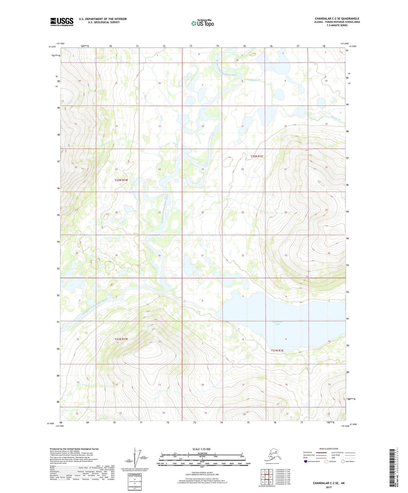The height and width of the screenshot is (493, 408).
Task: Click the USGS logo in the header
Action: [x=62, y=22]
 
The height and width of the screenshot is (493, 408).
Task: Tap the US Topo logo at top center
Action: [x=202, y=23]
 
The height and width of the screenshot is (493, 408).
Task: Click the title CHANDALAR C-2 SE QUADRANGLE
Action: [x=337, y=19]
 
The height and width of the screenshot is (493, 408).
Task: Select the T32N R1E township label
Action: [x=257, y=156]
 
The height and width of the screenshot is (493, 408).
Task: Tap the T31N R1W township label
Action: [x=121, y=339]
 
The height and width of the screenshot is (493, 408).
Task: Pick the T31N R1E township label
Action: [x=277, y=350]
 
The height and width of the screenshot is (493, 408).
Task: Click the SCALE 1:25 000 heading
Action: [x=201, y=449]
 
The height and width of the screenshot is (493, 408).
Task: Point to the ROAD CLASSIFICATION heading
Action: [x=329, y=449]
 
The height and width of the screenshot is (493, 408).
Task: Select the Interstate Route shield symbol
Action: [x=306, y=461]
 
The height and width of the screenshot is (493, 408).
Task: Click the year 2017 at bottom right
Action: [x=329, y=487]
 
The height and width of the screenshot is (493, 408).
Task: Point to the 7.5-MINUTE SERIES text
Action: [x=337, y=25]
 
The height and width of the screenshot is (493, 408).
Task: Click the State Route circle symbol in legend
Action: [x=343, y=461]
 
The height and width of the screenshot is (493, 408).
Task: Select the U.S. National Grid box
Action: [x=134, y=481]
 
